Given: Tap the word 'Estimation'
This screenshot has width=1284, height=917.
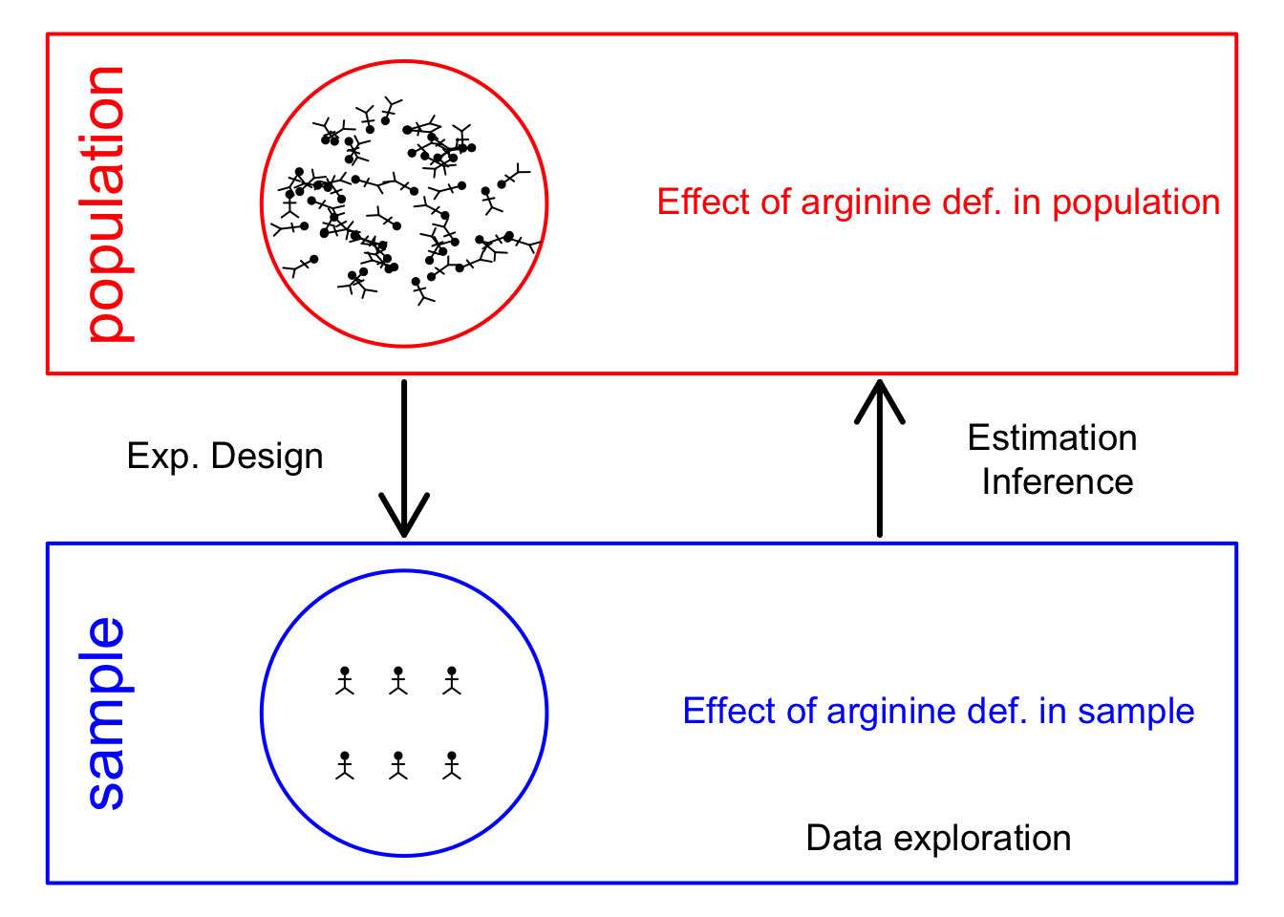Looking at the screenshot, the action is point(1052,438).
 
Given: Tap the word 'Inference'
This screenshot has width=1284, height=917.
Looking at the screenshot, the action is point(1058,482).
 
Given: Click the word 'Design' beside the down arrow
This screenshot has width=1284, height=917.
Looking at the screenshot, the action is point(267,458).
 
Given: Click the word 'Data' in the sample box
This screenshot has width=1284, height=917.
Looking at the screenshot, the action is point(844,838).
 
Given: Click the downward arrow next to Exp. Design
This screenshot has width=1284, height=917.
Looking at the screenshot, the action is point(404,458).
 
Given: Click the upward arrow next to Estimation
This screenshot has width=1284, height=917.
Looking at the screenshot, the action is point(879,458).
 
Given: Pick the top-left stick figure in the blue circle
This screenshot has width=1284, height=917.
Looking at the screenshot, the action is point(345,680).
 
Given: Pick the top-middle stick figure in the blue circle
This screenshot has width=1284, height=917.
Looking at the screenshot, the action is point(398,680).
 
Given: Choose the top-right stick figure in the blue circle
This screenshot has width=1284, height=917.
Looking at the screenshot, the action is point(452,680).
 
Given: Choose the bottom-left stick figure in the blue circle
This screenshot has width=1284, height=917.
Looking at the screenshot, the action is point(345,765).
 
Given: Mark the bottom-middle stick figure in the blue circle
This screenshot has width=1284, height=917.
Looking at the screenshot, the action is point(398,765).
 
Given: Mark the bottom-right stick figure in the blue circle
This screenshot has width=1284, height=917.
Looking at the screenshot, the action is point(452,765).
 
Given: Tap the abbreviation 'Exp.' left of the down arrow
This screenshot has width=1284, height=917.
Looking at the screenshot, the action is point(162,458).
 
